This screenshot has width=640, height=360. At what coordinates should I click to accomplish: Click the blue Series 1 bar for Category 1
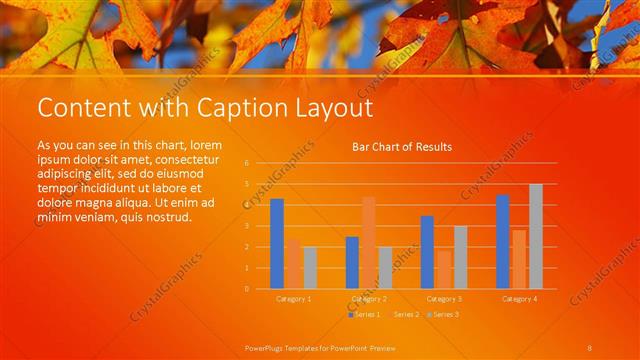(277, 244)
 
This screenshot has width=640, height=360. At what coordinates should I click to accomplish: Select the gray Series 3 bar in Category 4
(536, 237)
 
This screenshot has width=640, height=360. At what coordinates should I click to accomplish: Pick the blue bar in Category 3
(427, 252)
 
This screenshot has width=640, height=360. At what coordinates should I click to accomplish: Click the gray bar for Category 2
(385, 268)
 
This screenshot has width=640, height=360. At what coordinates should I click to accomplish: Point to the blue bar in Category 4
(502, 242)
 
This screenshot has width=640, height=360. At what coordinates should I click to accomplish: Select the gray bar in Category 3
(460, 257)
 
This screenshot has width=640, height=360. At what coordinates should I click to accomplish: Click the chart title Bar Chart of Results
(402, 147)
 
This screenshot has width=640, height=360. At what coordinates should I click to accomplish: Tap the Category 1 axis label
(293, 299)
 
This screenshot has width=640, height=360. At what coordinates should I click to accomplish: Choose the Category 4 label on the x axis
(519, 299)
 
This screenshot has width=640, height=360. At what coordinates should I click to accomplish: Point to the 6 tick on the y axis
(246, 162)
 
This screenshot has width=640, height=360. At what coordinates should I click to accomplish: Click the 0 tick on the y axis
(246, 289)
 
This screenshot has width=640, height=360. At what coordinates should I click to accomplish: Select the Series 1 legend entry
(366, 315)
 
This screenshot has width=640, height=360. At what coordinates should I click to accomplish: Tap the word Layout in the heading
(334, 107)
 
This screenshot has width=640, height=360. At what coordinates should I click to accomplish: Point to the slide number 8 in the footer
(590, 346)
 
